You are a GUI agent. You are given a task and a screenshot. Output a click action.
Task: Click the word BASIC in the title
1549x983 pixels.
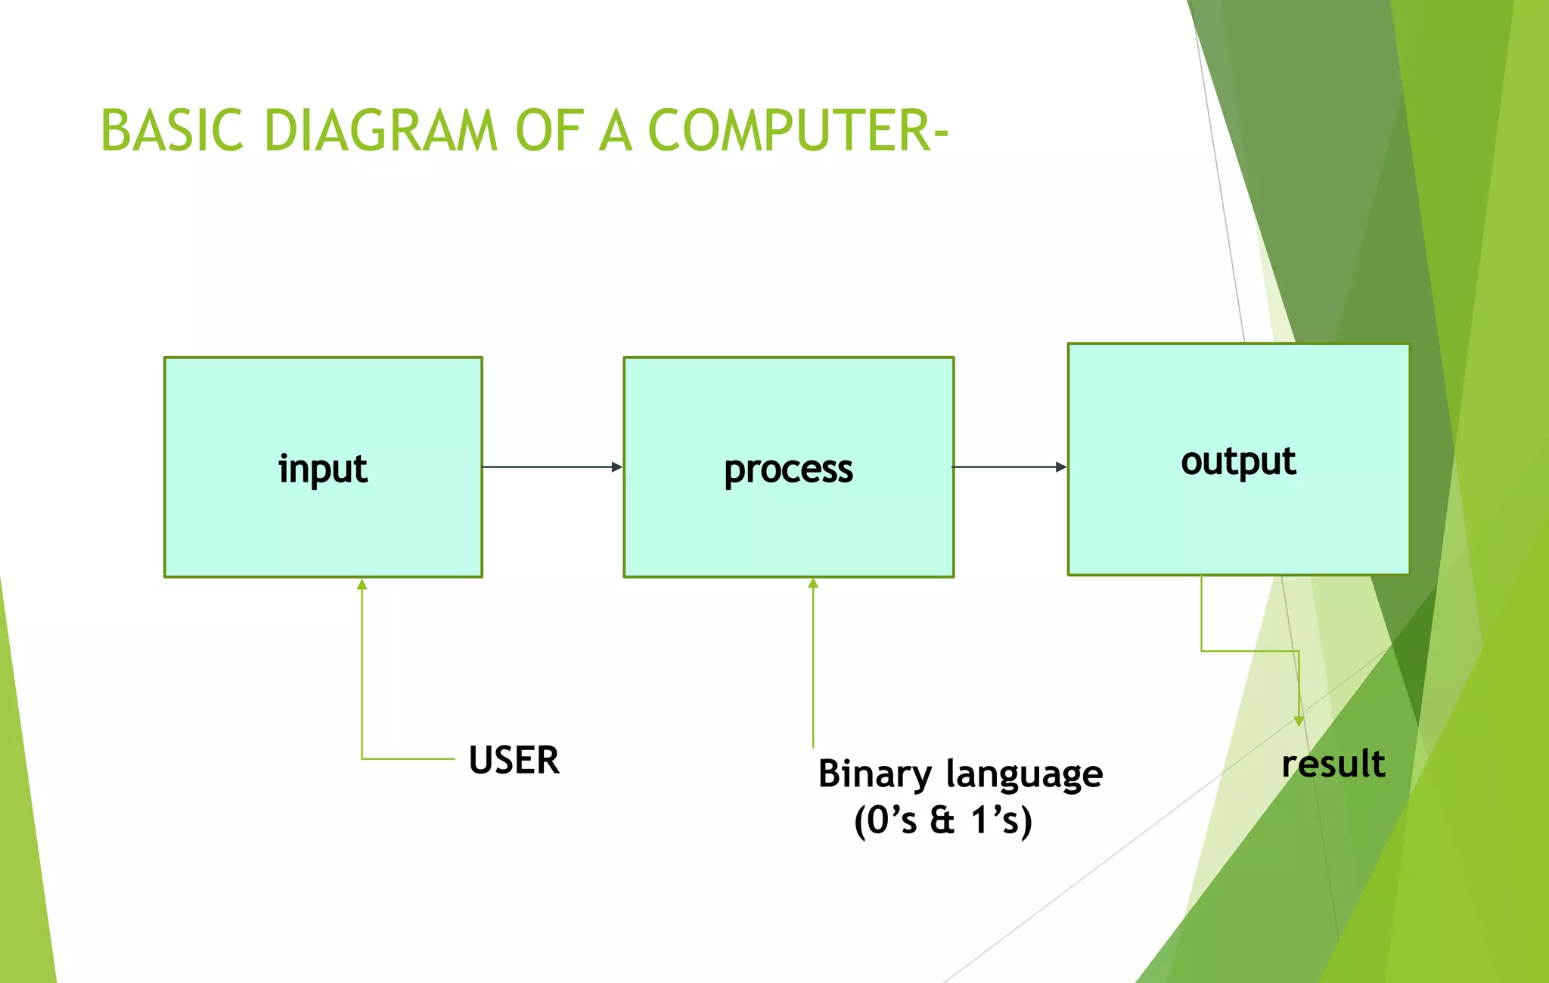(x=172, y=130)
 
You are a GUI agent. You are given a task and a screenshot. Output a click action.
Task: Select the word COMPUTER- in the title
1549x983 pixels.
(x=797, y=130)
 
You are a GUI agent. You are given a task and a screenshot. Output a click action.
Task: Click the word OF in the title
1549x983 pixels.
(x=549, y=130)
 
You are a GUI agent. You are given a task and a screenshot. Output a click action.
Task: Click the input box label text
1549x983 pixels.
(x=323, y=469)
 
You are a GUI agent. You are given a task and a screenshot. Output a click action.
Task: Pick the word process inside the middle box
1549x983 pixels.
(x=788, y=470)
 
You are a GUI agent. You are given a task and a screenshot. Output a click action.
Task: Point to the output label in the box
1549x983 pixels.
(x=1238, y=461)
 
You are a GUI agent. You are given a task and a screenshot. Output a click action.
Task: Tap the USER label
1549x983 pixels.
(x=514, y=760)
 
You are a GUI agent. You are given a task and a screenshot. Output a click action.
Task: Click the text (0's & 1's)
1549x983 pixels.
(x=942, y=820)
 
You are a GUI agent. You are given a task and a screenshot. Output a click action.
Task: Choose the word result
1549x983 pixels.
(x=1333, y=764)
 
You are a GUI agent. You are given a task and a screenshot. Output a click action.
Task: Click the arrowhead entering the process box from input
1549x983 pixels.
(x=617, y=467)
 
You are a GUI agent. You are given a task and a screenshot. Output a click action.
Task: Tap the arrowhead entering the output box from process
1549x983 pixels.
(x=1061, y=467)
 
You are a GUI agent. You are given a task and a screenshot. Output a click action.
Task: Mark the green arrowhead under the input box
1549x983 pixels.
(x=362, y=585)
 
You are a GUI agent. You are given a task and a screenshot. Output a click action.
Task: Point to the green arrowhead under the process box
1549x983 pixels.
(x=813, y=584)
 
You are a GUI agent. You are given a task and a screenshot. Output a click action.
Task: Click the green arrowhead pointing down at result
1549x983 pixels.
(x=1299, y=721)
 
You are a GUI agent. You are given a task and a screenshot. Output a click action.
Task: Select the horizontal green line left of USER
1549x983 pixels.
(x=408, y=758)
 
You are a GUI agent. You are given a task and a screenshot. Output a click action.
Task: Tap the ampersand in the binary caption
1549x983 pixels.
(x=942, y=820)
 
